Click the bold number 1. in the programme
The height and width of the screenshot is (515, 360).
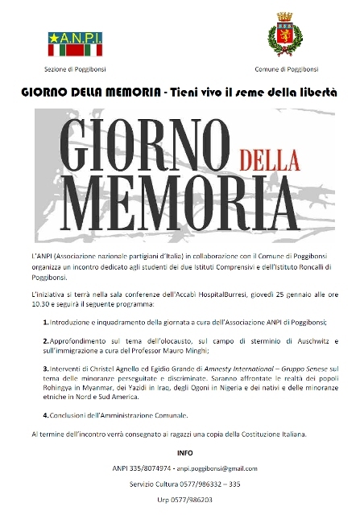pos(46,321)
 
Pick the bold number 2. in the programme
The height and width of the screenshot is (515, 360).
pos(46,342)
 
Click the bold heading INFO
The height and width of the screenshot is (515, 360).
pos(180,452)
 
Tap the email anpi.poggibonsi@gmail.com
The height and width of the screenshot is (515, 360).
pos(216,468)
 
